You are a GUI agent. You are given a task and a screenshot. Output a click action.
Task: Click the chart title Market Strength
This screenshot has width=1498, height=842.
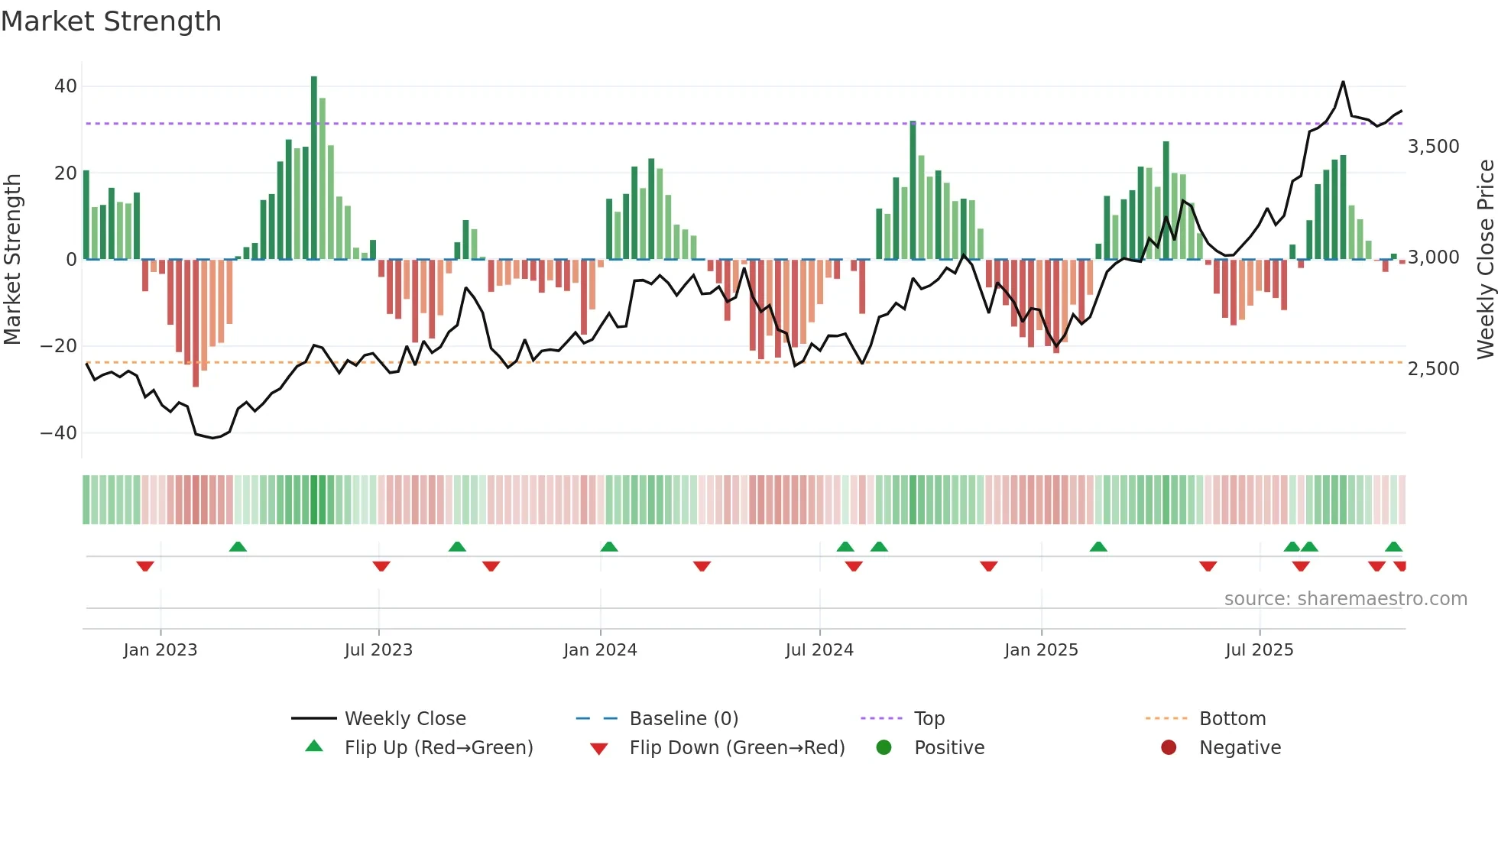[111, 21]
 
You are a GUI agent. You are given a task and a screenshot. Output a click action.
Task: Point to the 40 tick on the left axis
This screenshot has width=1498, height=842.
[66, 86]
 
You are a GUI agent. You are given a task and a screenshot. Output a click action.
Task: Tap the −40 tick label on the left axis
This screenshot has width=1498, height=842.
[59, 433]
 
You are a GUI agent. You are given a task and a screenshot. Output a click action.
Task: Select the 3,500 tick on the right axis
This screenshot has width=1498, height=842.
[1433, 147]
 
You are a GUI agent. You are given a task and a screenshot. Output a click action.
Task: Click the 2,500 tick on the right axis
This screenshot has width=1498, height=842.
[1433, 369]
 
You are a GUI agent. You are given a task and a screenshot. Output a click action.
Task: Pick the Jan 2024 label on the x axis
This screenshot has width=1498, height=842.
[600, 650]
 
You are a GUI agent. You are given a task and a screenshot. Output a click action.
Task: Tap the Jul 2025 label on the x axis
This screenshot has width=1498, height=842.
[1259, 650]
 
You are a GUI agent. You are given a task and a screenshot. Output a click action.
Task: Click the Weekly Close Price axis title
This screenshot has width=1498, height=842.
[1485, 259]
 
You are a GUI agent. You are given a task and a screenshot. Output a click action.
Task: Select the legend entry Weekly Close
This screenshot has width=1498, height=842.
[404, 719]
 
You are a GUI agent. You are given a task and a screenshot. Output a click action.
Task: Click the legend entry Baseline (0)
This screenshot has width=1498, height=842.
[683, 719]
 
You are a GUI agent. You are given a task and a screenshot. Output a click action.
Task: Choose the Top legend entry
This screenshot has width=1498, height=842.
[929, 719]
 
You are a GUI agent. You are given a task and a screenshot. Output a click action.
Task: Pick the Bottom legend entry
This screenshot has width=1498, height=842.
[1232, 719]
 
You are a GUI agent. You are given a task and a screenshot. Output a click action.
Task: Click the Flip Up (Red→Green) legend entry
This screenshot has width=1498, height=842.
[438, 748]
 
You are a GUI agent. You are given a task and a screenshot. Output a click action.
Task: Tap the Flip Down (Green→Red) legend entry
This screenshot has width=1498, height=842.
[737, 748]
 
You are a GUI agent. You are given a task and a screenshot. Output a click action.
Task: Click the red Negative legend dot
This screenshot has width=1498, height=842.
[1169, 747]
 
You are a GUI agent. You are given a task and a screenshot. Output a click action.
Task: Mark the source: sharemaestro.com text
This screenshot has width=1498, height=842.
[1345, 599]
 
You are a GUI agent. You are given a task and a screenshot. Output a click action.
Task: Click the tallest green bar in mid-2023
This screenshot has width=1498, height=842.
[314, 168]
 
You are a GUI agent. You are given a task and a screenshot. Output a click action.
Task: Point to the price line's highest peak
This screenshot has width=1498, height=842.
[1343, 82]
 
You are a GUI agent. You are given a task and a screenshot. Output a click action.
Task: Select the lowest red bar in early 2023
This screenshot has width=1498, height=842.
[196, 322]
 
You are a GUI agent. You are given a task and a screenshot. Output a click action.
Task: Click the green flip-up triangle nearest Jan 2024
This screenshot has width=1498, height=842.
[609, 546]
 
